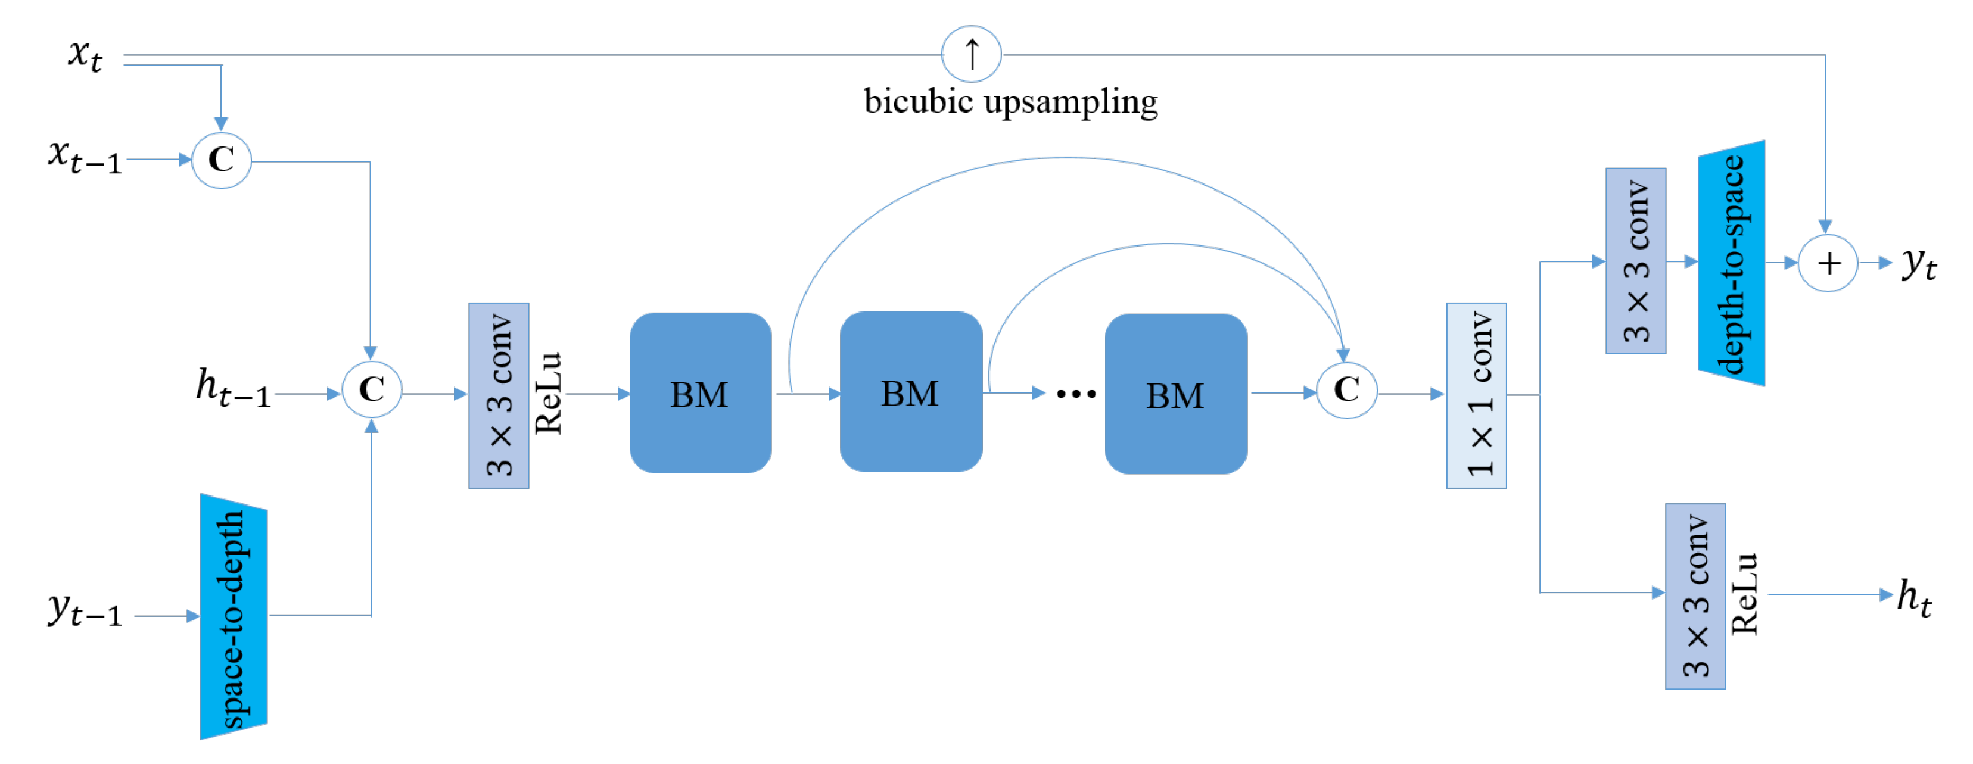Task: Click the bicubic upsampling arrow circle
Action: click(x=970, y=54)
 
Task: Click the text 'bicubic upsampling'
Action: click(x=1010, y=102)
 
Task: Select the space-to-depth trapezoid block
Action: click(x=234, y=617)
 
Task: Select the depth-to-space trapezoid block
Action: click(x=1731, y=263)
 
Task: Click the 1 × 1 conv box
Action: click(x=1476, y=395)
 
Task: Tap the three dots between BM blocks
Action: click(x=1075, y=394)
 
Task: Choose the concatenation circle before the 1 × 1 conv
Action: click(x=1346, y=389)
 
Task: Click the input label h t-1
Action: click(x=233, y=388)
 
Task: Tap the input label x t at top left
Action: click(x=85, y=55)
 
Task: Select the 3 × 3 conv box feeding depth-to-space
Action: click(x=1635, y=261)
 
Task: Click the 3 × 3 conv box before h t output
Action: click(x=1695, y=596)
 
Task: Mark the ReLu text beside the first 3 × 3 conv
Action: click(x=549, y=394)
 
